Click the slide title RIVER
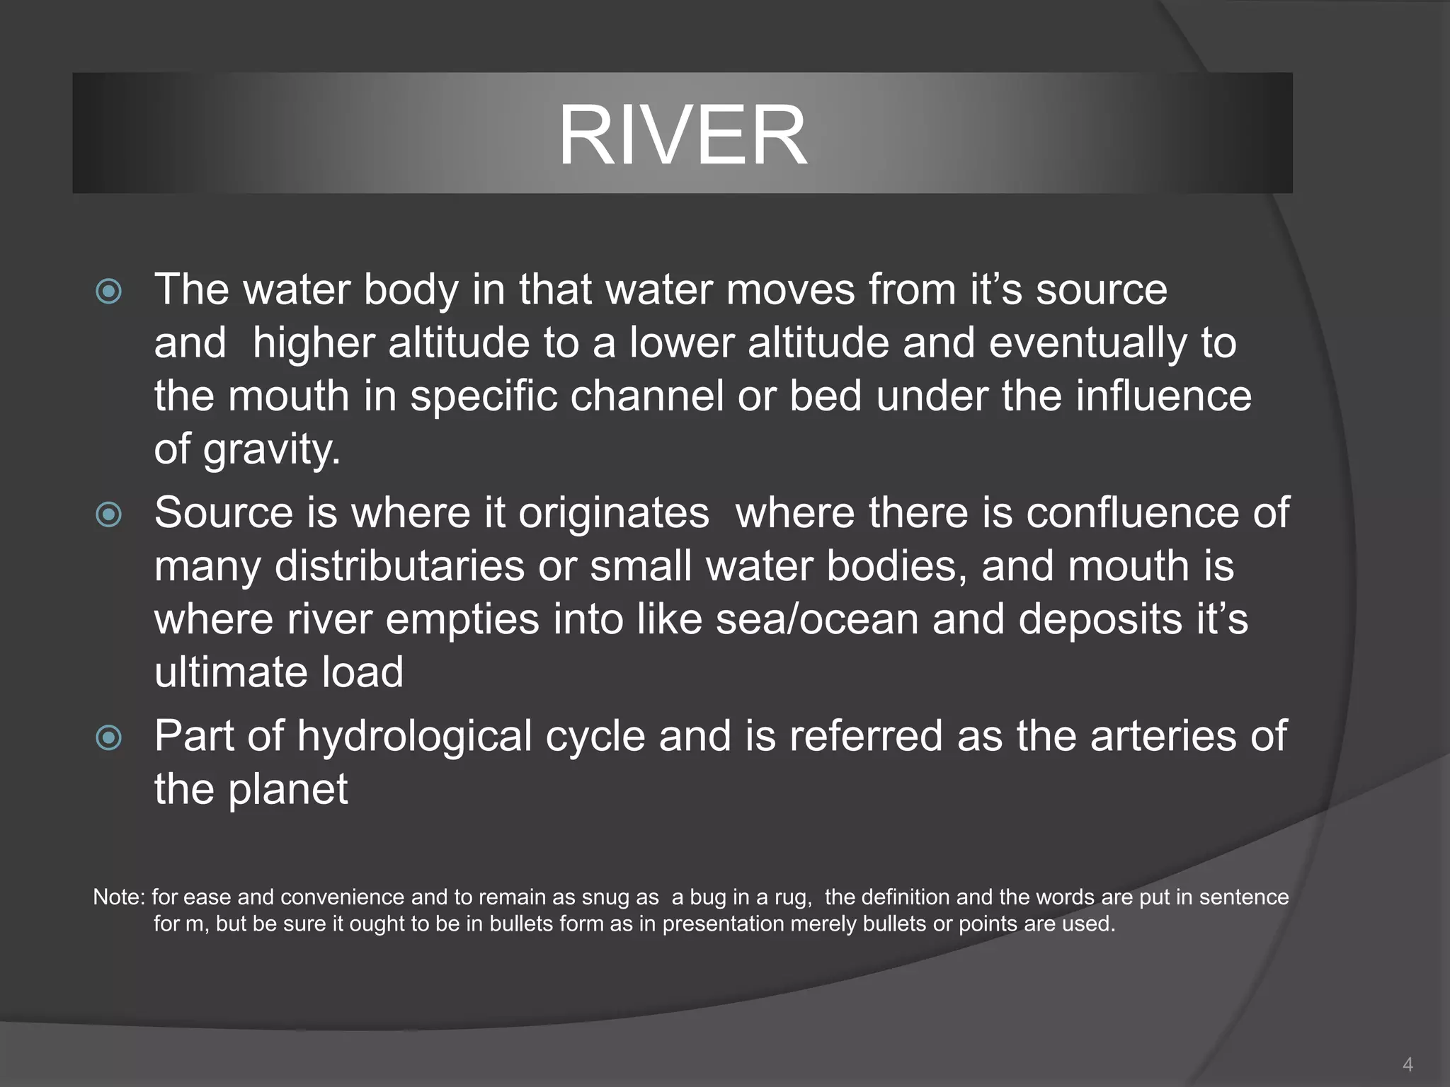coord(683,134)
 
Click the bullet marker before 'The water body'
coord(108,291)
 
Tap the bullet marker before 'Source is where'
coord(108,514)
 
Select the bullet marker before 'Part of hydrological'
coord(108,738)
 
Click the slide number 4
coord(1408,1064)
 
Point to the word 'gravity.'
coord(272,450)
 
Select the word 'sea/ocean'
coord(817,619)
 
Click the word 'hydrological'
coord(414,736)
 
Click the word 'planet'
coord(287,789)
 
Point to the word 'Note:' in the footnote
coord(119,897)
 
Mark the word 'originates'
coord(613,512)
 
